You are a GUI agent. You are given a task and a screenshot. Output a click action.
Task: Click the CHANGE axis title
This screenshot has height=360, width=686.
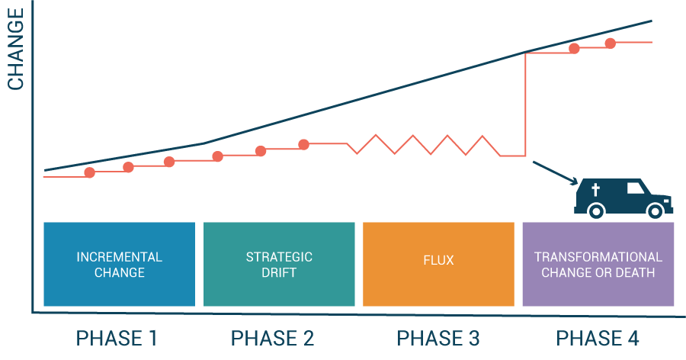(16, 50)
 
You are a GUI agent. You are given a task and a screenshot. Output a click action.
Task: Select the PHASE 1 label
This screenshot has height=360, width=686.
(117, 338)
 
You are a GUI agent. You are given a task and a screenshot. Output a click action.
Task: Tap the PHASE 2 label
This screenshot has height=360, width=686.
(272, 338)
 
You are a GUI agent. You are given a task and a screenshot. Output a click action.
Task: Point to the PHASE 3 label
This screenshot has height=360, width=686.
(438, 338)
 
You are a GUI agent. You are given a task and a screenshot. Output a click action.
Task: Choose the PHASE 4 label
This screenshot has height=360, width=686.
(598, 338)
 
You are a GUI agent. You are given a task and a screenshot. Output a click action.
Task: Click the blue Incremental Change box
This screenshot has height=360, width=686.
(120, 264)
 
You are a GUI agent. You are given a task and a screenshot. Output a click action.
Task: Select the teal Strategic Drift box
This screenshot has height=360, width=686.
(279, 264)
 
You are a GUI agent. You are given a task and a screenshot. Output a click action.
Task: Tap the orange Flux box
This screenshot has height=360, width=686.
(438, 264)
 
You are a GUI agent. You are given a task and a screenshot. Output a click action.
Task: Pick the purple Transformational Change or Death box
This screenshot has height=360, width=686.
(598, 264)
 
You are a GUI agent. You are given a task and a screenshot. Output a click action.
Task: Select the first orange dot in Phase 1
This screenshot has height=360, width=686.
(89, 172)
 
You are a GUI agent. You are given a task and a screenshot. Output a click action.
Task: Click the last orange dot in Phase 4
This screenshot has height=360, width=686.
(610, 43)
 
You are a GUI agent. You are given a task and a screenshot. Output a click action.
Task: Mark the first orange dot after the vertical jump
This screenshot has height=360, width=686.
(574, 48)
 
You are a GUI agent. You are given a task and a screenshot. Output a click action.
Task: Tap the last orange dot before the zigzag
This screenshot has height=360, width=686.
(303, 143)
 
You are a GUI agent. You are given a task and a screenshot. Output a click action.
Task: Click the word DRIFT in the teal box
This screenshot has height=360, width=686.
(279, 272)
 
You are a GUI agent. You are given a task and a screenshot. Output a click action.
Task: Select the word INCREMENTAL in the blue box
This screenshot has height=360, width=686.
(119, 257)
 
